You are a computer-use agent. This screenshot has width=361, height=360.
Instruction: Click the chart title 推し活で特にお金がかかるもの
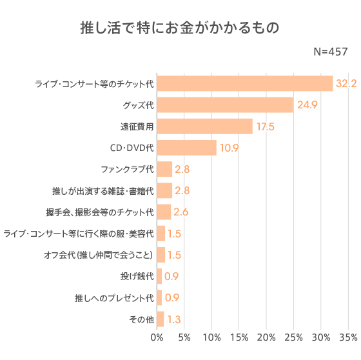tap(180, 28)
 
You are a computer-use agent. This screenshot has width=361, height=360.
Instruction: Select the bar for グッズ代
tap(224, 105)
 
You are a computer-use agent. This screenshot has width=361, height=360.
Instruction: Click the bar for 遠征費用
tap(204, 126)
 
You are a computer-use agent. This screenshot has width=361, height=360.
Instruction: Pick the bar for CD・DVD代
tap(186, 148)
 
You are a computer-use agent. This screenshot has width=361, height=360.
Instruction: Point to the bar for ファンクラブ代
tap(164, 169)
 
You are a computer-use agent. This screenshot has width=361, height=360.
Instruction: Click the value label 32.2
tap(346, 83)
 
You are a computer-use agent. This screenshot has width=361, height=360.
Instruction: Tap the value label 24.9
tap(307, 105)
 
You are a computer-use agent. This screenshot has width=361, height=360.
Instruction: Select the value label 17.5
tap(266, 126)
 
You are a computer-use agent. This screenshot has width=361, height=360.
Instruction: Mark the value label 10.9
tap(229, 148)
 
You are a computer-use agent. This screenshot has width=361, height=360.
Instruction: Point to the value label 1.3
tap(173, 319)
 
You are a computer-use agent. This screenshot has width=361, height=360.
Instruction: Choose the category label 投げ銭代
tap(137, 276)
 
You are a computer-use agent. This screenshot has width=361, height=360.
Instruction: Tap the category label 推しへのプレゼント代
tap(114, 298)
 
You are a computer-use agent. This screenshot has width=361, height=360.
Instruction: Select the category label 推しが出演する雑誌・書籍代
tap(102, 191)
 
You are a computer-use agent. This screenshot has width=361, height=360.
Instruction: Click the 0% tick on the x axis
tap(157, 337)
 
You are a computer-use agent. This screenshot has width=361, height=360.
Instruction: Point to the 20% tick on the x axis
tap(266, 337)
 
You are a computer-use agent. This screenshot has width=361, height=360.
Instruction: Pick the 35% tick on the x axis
tap(348, 337)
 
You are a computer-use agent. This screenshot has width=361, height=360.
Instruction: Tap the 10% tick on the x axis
tap(211, 337)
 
